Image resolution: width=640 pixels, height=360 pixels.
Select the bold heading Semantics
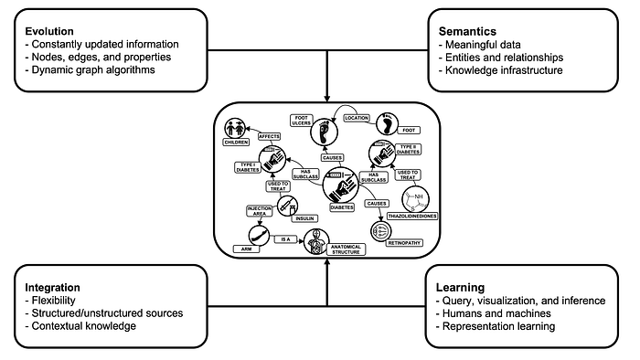(469, 28)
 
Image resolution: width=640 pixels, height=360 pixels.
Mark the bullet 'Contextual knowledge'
(80, 326)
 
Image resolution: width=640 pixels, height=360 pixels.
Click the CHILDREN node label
(237, 143)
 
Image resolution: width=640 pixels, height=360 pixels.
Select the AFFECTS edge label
(268, 136)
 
